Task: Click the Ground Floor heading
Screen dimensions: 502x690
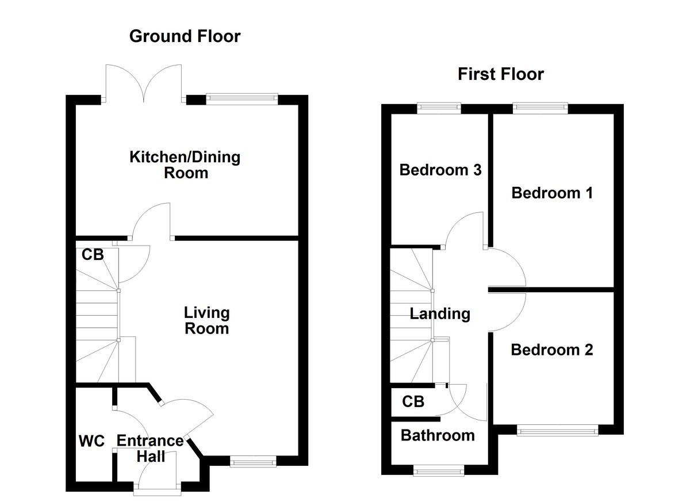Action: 185,37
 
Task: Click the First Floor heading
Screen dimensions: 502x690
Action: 500,74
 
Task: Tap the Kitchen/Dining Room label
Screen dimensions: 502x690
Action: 185,164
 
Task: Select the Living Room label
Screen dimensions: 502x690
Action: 206,320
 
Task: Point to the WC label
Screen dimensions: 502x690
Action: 91,442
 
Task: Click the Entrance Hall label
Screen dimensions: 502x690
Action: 149,449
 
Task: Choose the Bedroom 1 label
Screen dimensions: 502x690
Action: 552,193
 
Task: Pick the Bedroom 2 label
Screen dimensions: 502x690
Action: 552,350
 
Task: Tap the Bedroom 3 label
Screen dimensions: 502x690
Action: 440,170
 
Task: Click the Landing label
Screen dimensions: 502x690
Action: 440,314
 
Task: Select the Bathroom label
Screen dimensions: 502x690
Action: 438,435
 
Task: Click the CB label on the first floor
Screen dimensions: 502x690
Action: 413,401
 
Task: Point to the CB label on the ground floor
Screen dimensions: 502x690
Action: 92,255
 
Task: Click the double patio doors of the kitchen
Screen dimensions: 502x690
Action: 144,83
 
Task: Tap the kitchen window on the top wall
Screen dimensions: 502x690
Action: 241,98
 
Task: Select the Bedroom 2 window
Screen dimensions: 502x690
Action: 557,430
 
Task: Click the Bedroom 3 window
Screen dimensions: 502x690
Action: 439,106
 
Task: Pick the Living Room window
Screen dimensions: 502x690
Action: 252,461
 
